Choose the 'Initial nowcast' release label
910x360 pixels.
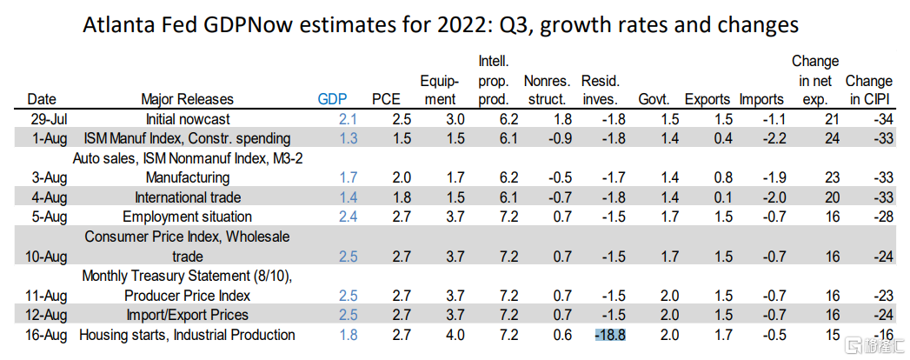click(x=189, y=118)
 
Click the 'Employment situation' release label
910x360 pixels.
click(x=188, y=217)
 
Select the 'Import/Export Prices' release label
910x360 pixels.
click(x=189, y=315)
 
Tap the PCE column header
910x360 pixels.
click(x=387, y=99)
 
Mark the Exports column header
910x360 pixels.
click(x=707, y=99)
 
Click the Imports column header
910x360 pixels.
click(x=761, y=99)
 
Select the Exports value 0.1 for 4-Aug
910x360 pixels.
click(x=711, y=197)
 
